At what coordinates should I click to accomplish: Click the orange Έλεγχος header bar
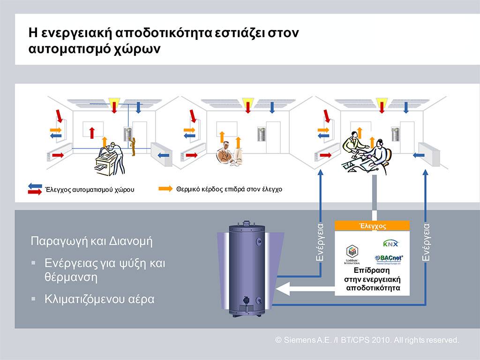(372, 226)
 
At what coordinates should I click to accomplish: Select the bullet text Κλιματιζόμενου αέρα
(99, 299)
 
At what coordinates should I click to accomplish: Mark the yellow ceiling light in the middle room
(247, 102)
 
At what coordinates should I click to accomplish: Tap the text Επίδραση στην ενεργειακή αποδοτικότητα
(373, 279)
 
